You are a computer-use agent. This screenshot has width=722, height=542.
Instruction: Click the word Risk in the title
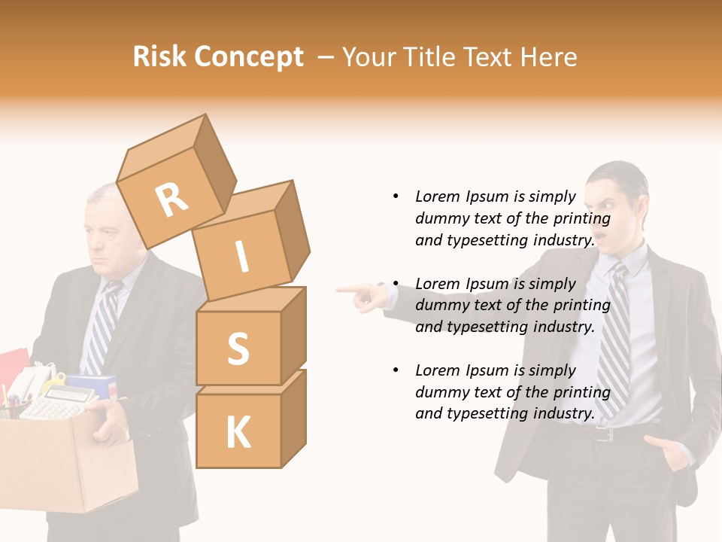point(160,57)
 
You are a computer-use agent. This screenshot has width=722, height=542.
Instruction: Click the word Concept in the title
point(249,58)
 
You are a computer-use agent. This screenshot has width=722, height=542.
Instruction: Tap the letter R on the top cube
point(172,199)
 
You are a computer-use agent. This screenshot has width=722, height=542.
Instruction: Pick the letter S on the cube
point(238,349)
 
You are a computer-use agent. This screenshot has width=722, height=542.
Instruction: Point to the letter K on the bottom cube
point(238,433)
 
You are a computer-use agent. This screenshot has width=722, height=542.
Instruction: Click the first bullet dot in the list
point(396,196)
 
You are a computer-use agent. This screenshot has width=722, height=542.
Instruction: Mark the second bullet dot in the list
point(396,284)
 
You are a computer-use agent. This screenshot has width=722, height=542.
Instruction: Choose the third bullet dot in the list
point(396,370)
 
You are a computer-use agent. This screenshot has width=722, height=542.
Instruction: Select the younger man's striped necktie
point(615,331)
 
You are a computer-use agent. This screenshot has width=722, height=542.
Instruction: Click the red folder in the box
point(14,369)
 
